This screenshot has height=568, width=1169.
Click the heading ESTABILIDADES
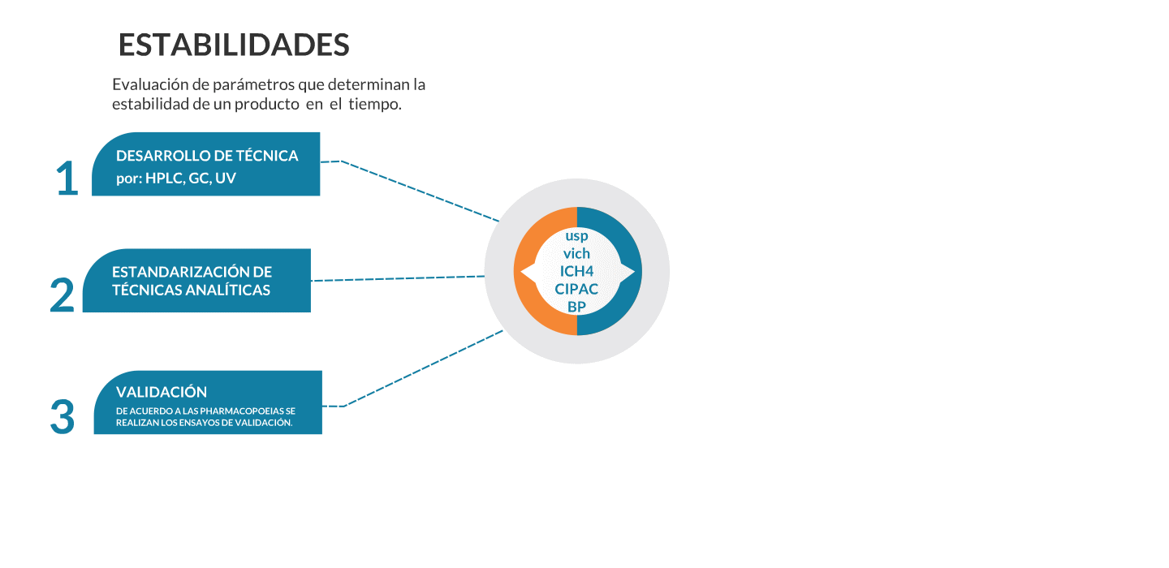pyautogui.click(x=234, y=45)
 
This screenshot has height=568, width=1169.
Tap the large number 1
pyautogui.click(x=67, y=179)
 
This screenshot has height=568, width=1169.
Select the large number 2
pyautogui.click(x=63, y=295)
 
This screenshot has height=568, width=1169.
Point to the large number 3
pyautogui.click(x=63, y=417)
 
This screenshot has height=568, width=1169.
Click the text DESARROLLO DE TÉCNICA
pyautogui.click(x=207, y=156)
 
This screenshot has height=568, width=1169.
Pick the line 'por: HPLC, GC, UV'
pyautogui.click(x=176, y=179)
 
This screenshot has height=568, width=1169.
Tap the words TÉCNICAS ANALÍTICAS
pyautogui.click(x=191, y=290)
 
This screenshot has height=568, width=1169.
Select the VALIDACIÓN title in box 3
pyautogui.click(x=162, y=392)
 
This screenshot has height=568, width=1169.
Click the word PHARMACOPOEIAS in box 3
pyautogui.click(x=237, y=411)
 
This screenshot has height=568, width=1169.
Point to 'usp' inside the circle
pyautogui.click(x=576, y=236)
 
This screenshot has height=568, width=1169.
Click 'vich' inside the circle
pyautogui.click(x=576, y=254)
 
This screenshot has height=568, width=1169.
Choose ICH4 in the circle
pyautogui.click(x=576, y=271)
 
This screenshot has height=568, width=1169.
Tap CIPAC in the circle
pyautogui.click(x=576, y=289)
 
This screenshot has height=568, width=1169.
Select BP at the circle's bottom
pyautogui.click(x=576, y=307)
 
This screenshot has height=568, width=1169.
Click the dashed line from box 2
pyautogui.click(x=398, y=278)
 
